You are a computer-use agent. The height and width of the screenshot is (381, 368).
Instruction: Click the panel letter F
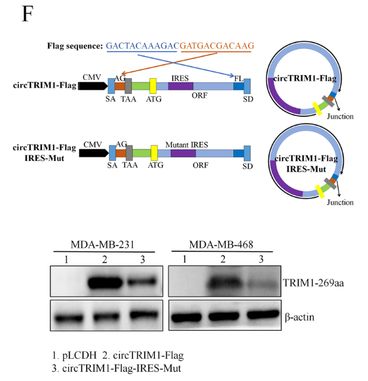[x=28, y=14]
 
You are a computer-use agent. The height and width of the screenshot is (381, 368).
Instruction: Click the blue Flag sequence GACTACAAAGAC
[x=143, y=45]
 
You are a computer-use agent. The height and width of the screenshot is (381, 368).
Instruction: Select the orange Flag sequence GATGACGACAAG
[x=217, y=45]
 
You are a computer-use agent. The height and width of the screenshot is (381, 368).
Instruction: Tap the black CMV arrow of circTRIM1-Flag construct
[x=93, y=86]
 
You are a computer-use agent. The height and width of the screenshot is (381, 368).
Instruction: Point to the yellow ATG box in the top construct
[x=153, y=86]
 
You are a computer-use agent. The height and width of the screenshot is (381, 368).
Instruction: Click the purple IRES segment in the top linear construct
[x=180, y=86]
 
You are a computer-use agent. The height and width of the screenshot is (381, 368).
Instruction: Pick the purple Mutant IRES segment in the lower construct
[x=183, y=154]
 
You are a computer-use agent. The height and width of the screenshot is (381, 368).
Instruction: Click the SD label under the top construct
[x=248, y=99]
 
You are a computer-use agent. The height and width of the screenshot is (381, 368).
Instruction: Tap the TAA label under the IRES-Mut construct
[x=130, y=165]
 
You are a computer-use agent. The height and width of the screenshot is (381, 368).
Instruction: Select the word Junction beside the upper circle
[x=340, y=116]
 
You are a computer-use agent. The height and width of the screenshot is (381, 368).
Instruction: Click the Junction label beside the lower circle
[x=340, y=202]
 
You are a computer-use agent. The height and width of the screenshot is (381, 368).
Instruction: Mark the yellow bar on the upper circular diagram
[x=318, y=109]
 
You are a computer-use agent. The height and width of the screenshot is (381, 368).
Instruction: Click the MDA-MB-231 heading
[x=103, y=245]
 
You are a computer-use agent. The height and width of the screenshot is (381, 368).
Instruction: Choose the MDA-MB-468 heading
[x=221, y=245]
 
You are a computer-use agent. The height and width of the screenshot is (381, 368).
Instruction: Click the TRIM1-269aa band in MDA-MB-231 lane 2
[x=105, y=282]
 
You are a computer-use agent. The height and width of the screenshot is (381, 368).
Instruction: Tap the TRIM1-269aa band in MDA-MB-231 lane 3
[x=142, y=281]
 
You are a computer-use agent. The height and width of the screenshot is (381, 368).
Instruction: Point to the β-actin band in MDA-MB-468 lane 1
[x=186, y=317]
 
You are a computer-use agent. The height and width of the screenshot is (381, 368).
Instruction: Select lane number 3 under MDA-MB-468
[x=261, y=259]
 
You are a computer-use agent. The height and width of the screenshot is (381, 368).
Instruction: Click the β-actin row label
[x=300, y=317]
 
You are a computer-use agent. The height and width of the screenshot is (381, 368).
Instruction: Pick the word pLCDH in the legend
[x=79, y=355]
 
